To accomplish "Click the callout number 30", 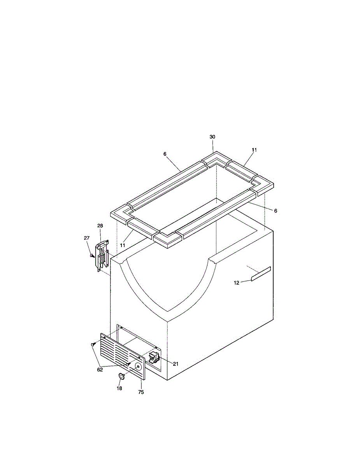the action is click(212, 137).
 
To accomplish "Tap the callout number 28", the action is click(100, 226).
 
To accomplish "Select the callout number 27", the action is click(87, 238).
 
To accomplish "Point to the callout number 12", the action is click(236, 283).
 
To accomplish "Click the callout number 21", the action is click(176, 364).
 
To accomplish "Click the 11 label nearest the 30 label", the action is click(254, 150).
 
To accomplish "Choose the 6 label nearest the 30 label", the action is click(165, 154).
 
